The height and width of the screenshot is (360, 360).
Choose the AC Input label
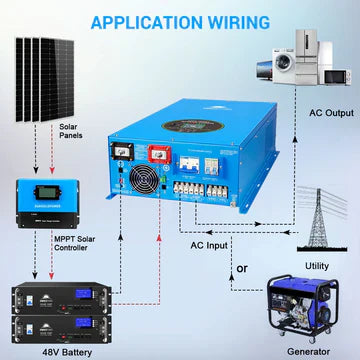click(211, 245)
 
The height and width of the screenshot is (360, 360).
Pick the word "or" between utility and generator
click(241, 268)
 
